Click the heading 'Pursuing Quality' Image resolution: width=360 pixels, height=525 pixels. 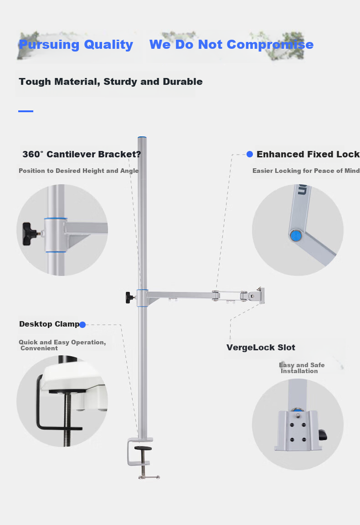(76, 45)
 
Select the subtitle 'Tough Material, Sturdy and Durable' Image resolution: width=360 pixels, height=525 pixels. (111, 82)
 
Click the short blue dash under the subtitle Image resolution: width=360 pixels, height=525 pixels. (26, 111)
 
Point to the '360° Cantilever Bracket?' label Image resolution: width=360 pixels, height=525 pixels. (82, 154)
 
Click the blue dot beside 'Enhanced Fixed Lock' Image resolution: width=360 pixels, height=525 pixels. (250, 154)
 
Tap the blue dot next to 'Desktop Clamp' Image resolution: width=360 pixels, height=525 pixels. (82, 324)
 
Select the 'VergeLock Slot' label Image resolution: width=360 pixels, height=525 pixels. (261, 348)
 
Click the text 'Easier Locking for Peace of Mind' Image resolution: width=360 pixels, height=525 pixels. (306, 171)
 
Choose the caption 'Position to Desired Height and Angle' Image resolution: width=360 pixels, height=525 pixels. (79, 171)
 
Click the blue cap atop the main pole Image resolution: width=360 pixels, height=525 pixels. (142, 137)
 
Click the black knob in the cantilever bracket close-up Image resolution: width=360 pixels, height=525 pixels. (30, 234)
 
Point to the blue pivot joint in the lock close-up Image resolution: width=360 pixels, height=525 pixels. (296, 236)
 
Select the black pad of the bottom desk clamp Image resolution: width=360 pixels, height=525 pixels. (143, 448)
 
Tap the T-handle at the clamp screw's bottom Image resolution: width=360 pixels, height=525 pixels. (149, 477)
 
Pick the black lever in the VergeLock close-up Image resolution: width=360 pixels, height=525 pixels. (323, 435)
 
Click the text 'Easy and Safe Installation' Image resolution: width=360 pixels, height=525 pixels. (302, 368)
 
